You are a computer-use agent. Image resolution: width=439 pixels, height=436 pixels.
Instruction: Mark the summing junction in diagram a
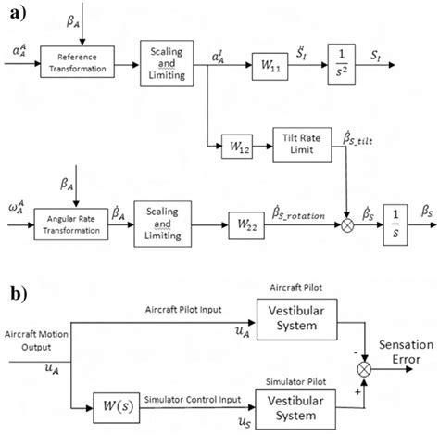[349, 225]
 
